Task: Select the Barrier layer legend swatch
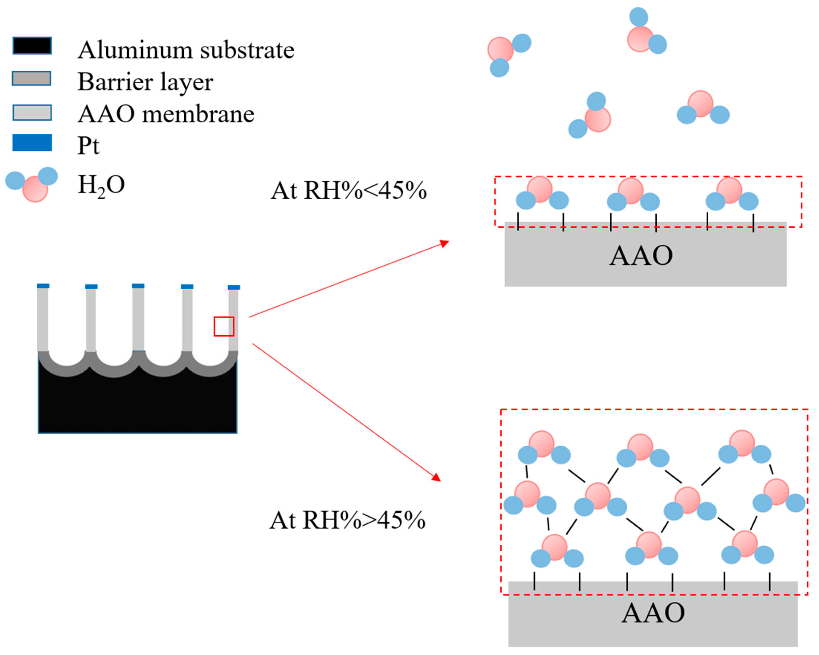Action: pos(32,78)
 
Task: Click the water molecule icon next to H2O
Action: pos(32,184)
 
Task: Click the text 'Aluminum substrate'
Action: pos(186,50)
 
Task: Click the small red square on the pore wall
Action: pos(224,326)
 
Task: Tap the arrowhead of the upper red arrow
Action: pos(445,243)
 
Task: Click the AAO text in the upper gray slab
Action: pos(641,256)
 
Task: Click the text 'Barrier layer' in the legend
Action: pos(145,82)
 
